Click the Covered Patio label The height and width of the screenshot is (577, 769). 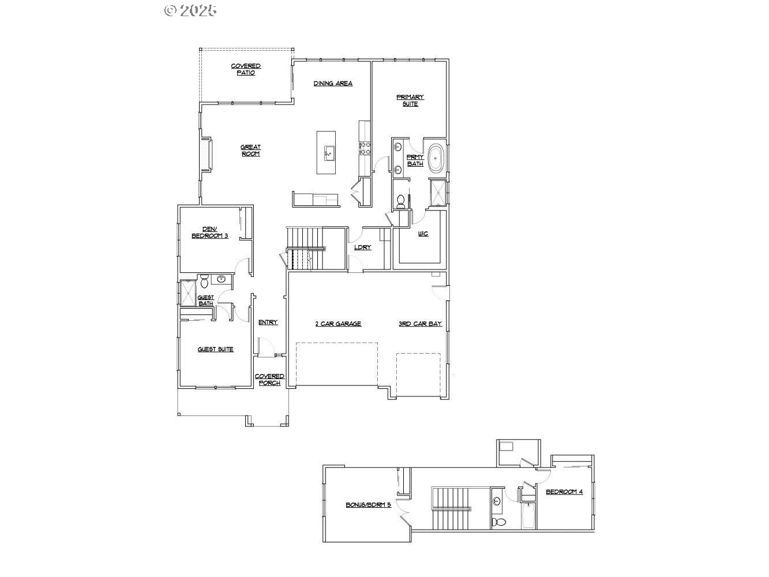246,69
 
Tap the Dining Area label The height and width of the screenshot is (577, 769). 333,84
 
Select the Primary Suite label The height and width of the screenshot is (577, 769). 410,100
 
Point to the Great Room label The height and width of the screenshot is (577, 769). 250,150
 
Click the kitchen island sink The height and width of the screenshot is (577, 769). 329,153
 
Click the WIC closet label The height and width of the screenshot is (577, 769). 423,234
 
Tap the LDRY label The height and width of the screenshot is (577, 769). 363,248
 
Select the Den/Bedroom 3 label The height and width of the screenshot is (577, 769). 210,233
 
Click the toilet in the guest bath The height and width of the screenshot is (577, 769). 204,280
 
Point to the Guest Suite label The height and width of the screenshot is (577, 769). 215,349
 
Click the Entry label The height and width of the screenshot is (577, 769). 268,323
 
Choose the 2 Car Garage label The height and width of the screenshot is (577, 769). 338,324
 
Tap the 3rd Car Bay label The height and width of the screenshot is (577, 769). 420,324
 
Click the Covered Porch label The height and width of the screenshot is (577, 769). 269,380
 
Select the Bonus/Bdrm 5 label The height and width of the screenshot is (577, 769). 368,505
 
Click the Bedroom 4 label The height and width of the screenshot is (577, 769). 564,492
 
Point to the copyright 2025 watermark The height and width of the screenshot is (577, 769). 190,10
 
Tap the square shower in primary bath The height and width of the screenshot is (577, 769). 438,193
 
